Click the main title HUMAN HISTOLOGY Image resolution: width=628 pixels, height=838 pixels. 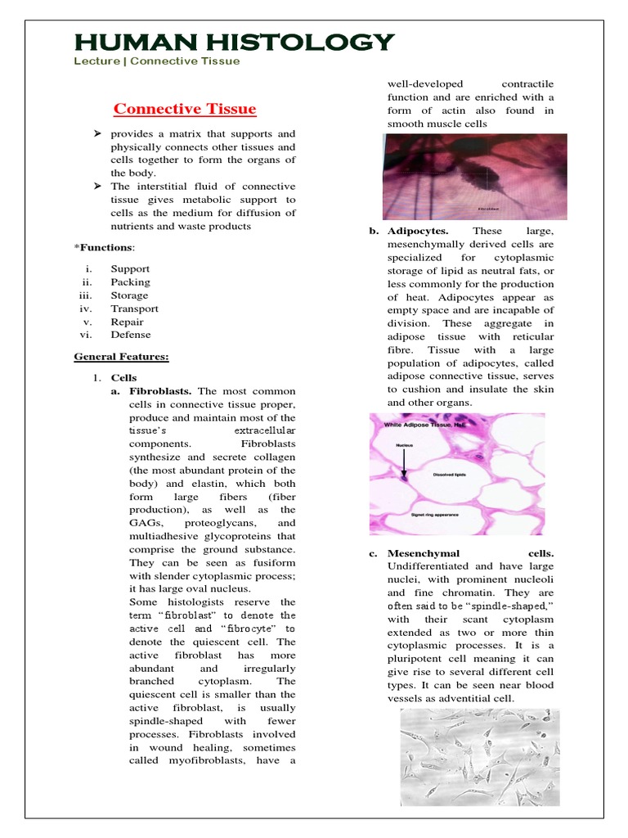[x=233, y=43]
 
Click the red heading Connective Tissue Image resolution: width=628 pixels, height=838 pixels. [x=184, y=109]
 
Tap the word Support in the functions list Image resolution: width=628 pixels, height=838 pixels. [x=130, y=268]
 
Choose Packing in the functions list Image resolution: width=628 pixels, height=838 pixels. [x=130, y=282]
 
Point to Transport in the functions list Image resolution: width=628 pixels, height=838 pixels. [x=134, y=309]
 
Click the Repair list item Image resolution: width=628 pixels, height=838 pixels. [x=128, y=322]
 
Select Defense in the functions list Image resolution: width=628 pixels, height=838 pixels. [x=131, y=335]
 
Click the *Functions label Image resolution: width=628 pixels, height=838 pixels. [x=105, y=247]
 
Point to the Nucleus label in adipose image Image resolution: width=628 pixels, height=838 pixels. [x=404, y=446]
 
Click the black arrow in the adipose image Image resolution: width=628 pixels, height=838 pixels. [x=403, y=462]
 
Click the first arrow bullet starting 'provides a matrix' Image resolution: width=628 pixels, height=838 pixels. [x=96, y=133]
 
